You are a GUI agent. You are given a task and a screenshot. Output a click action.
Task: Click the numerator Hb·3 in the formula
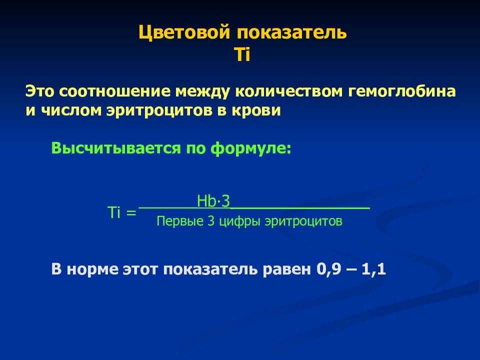click(x=213, y=202)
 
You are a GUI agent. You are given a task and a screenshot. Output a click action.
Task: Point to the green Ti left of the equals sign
click(x=115, y=213)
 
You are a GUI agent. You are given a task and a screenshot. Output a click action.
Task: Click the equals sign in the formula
click(x=131, y=213)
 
